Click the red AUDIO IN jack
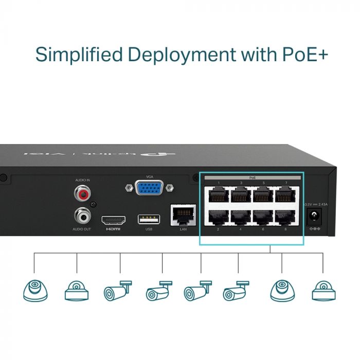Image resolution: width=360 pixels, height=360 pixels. pyautogui.click(x=82, y=194)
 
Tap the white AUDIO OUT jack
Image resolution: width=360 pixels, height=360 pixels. pyautogui.click(x=82, y=213)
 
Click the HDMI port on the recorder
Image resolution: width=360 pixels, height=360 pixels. pyautogui.click(x=113, y=219)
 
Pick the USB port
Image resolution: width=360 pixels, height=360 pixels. pyautogui.click(x=149, y=219)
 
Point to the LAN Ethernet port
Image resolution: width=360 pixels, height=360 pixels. pyautogui.click(x=183, y=215)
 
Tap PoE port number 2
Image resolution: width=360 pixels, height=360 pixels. pyautogui.click(x=218, y=218)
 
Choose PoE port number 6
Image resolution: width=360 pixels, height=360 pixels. pyautogui.click(x=263, y=218)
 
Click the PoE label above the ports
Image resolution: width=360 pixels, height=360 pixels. pyautogui.click(x=252, y=177)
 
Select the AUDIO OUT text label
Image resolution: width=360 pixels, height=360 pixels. pyautogui.click(x=82, y=229)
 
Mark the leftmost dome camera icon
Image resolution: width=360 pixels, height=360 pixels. pyautogui.click(x=35, y=291)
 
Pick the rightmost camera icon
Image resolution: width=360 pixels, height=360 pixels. pyautogui.click(x=323, y=292)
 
